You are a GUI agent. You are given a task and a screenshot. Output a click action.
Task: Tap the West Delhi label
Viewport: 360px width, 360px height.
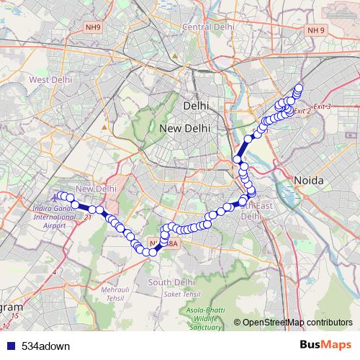coord(49,79)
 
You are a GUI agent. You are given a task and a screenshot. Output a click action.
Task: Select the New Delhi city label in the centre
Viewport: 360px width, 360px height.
coord(185,128)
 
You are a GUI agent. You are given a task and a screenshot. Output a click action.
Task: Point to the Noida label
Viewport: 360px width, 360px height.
coord(308,180)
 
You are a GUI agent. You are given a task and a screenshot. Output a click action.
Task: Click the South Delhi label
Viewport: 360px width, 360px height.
coord(172,282)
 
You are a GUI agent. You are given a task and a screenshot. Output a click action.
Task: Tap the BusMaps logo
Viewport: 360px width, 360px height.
coord(325,345)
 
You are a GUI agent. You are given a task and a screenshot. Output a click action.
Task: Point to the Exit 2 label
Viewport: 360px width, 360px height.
coord(302,111)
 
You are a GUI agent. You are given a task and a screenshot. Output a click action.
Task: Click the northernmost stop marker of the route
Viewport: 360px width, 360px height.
coord(299,89)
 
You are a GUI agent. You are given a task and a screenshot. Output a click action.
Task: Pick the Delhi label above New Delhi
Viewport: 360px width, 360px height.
coord(195,105)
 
